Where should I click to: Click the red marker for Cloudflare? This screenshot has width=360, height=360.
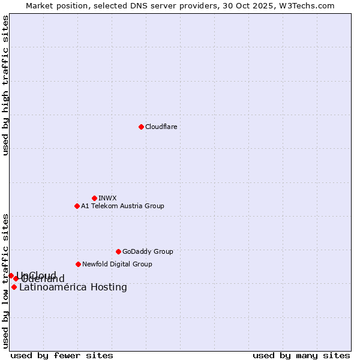(141, 127)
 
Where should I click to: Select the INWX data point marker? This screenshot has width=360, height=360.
(94, 198)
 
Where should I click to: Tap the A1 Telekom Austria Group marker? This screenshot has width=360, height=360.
(77, 206)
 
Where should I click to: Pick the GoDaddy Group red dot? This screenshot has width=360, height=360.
(118, 251)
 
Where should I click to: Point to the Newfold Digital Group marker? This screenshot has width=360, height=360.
(78, 264)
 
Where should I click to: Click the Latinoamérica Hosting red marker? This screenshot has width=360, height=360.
(14, 287)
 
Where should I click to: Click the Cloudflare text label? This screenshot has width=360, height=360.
(161, 127)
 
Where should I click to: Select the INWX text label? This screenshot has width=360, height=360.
(107, 198)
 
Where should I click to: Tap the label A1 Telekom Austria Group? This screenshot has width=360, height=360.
(122, 206)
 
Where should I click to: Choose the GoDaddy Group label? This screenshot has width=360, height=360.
(148, 251)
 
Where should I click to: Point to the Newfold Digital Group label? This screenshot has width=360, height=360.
(117, 264)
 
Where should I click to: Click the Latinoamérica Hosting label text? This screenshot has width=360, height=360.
(73, 287)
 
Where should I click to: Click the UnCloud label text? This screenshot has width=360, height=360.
(37, 275)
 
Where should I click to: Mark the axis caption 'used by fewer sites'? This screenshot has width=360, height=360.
(62, 355)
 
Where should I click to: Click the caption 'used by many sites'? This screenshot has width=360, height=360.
(301, 355)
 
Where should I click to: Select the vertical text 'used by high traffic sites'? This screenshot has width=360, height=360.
(5, 85)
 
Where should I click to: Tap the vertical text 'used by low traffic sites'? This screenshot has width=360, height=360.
(5, 280)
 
